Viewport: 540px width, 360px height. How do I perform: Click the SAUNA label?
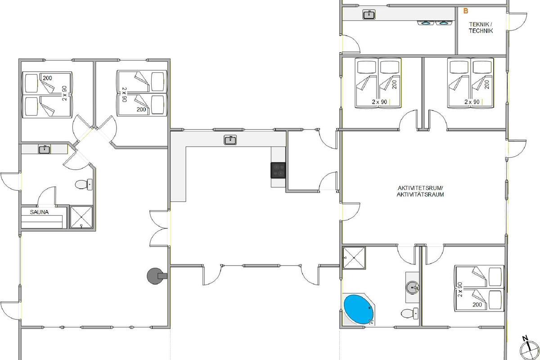coord(39,212)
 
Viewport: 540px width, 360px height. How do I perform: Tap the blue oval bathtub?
coord(359,310)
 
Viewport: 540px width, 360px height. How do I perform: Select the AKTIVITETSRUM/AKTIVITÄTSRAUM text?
coord(420,191)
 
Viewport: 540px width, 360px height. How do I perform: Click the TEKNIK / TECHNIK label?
coord(481,27)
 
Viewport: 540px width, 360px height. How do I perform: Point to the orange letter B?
coord(466,11)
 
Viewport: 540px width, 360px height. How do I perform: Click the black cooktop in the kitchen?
coord(278,170)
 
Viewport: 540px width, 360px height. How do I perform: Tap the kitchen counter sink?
coord(230,140)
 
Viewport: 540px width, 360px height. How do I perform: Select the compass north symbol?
coord(529,349)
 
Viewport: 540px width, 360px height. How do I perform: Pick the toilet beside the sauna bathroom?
coord(84,184)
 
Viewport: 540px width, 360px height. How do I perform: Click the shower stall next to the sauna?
coord(81,217)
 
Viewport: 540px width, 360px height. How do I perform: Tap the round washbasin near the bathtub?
coord(412,288)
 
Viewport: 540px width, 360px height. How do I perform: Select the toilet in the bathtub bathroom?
coord(409,314)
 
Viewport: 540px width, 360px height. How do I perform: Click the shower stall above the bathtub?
coord(354,258)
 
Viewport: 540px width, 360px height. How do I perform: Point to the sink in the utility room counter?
coord(369,14)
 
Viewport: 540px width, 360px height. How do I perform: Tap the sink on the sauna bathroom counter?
coord(45,149)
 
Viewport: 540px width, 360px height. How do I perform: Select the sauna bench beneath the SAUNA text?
coord(42,222)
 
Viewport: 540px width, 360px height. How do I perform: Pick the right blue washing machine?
coord(444,23)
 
